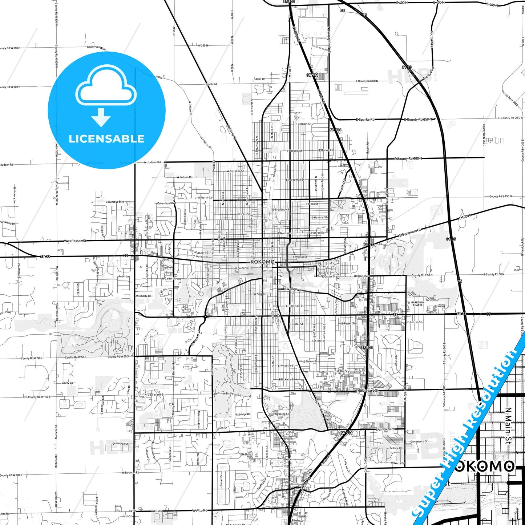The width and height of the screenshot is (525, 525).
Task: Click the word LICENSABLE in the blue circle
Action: coord(106,139)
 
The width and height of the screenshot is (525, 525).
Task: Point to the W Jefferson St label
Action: coord(76,241)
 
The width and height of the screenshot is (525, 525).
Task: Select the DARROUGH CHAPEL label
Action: coord(418,304)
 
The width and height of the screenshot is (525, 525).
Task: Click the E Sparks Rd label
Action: coord(365,119)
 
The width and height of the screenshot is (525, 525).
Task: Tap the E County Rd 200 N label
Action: coord(408,159)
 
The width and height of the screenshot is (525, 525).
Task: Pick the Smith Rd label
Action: coord(211,84)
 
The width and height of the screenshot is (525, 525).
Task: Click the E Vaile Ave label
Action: coord(293,289)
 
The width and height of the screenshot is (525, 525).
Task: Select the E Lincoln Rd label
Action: coord(385,429)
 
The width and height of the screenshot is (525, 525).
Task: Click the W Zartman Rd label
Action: coord(130,472)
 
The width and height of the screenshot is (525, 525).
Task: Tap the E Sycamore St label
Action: coord(410,233)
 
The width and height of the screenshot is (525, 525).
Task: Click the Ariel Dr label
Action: coord(260,79)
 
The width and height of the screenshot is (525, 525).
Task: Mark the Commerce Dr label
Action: coord(419,441)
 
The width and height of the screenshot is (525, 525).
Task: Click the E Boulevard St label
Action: coord(367,391)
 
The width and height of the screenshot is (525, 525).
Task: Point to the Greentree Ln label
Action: coord(120,444)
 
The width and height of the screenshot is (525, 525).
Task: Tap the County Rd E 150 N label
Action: coord(500,197)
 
